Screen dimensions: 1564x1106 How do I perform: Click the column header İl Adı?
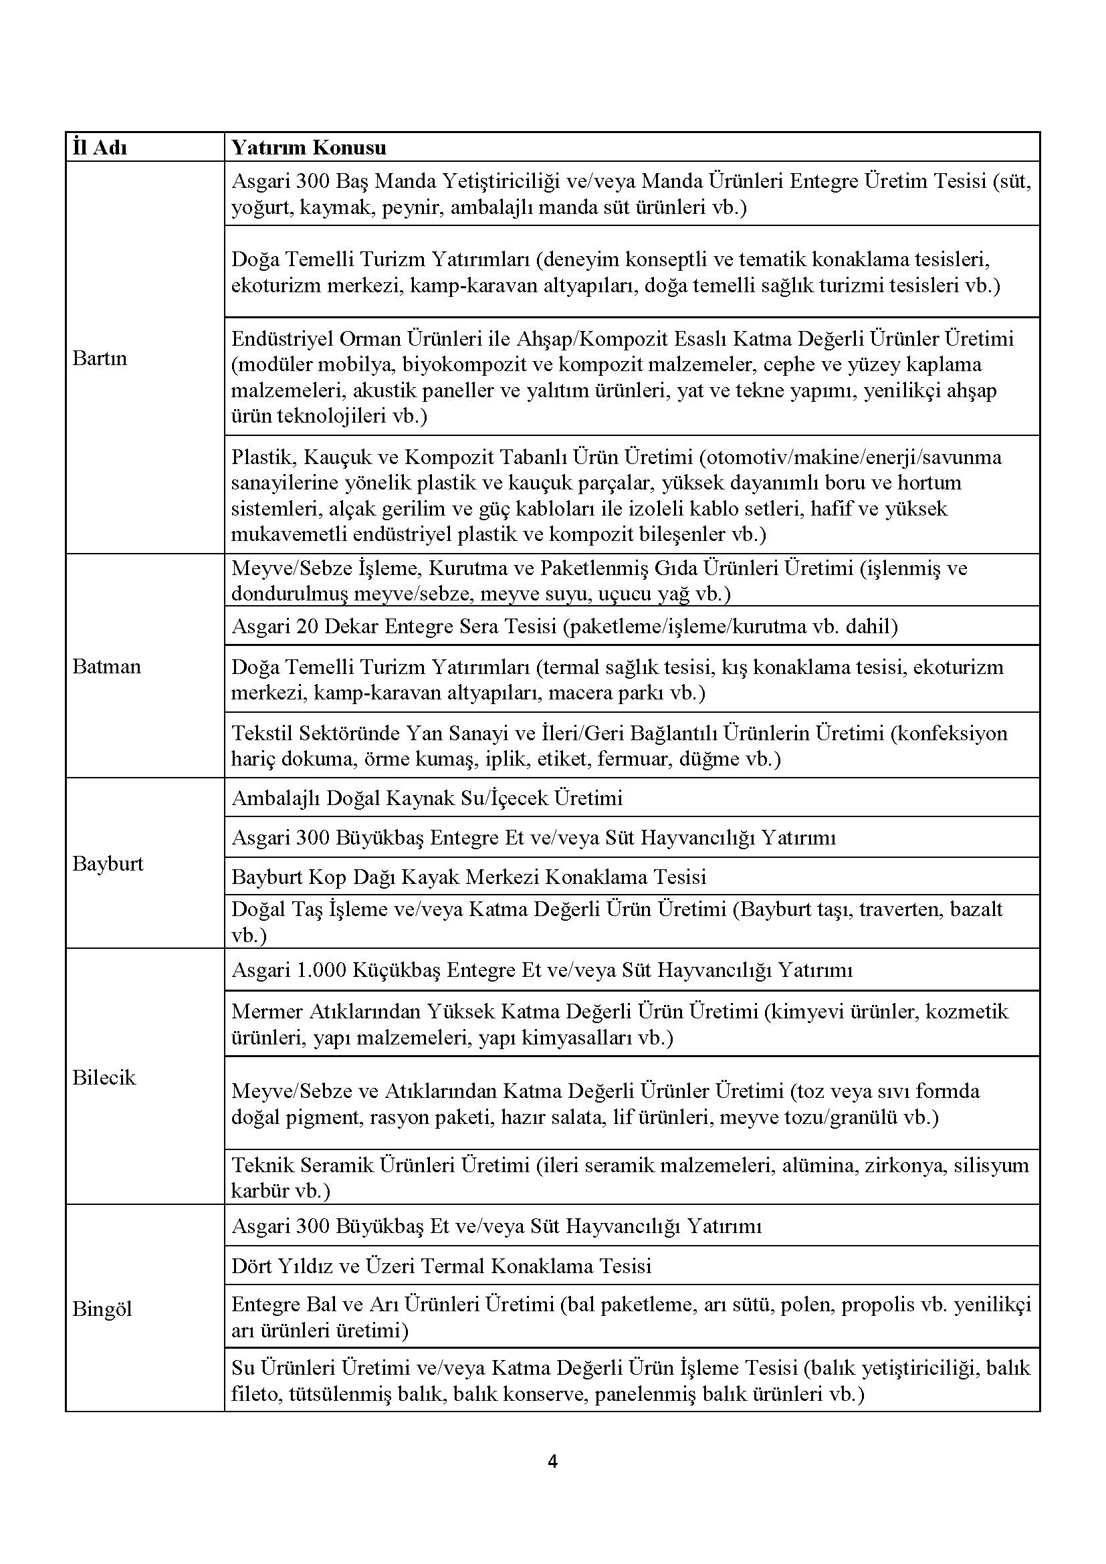point(100,148)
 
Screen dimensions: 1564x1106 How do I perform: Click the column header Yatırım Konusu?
point(309,148)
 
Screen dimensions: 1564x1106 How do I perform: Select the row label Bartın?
point(100,358)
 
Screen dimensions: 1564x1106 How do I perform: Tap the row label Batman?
point(106,666)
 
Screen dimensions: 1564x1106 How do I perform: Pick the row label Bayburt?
point(108,864)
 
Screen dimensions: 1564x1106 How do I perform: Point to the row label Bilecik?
point(104,1077)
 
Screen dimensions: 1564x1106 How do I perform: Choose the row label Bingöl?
point(102,1309)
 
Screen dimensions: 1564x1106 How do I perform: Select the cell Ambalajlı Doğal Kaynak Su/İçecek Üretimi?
point(427,798)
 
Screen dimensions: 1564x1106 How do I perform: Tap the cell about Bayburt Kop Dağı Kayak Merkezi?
point(469,877)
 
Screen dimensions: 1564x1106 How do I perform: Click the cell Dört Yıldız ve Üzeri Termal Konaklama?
point(441,1266)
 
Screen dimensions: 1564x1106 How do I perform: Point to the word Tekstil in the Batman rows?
point(260,733)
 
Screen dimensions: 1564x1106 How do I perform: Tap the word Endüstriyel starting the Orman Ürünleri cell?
point(282,338)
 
